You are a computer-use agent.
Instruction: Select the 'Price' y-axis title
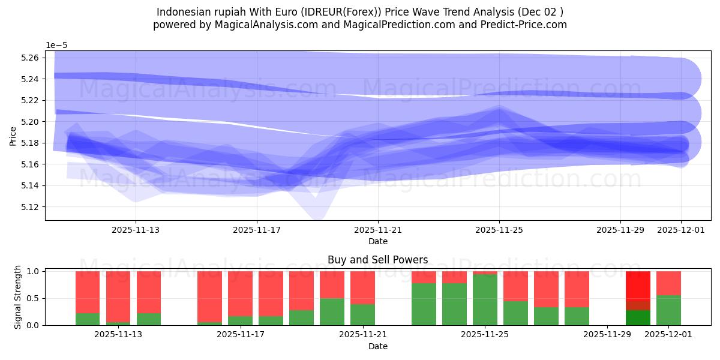(x=13, y=136)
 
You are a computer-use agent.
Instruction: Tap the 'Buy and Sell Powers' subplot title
(x=377, y=260)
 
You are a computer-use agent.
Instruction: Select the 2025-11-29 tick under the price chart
(x=620, y=229)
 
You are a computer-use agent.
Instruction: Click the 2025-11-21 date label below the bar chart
(x=362, y=335)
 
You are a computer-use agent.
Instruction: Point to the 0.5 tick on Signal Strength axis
(x=34, y=298)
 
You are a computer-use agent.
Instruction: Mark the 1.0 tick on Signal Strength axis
(x=34, y=271)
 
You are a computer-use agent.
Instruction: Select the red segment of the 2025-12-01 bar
(x=668, y=283)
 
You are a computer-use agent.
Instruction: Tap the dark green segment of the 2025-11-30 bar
(x=638, y=317)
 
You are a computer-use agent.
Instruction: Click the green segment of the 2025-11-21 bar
(x=362, y=314)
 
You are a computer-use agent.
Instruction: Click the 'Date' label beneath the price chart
(x=377, y=241)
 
